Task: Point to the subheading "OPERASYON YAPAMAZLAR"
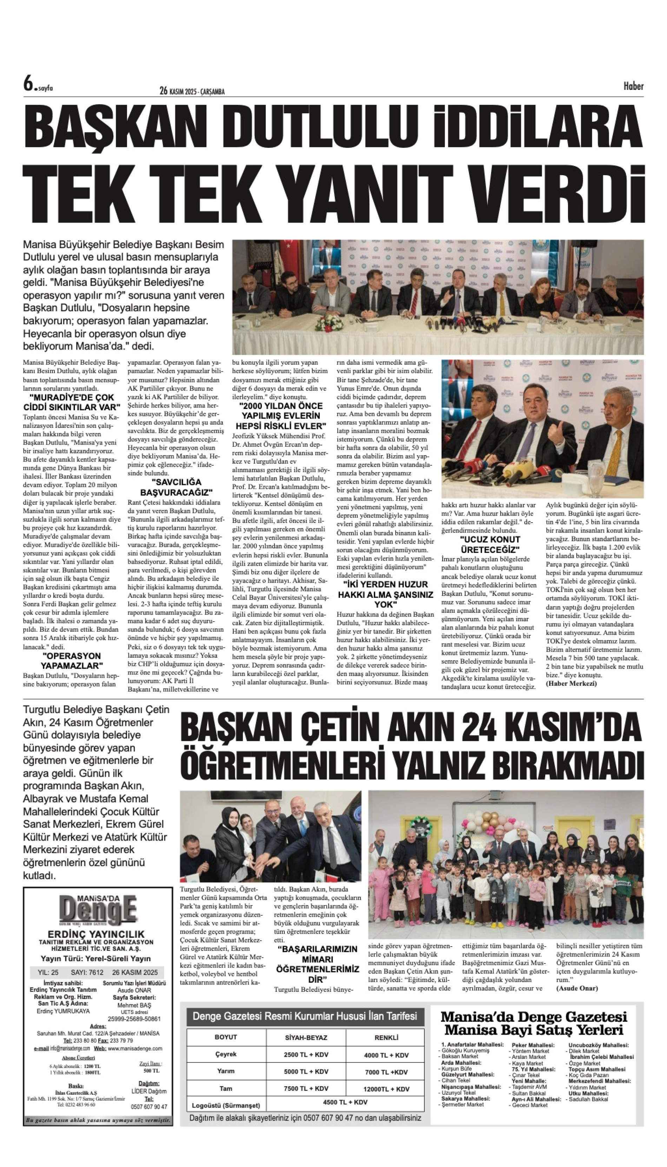72,661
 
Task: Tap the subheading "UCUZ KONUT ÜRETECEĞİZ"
490,544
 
